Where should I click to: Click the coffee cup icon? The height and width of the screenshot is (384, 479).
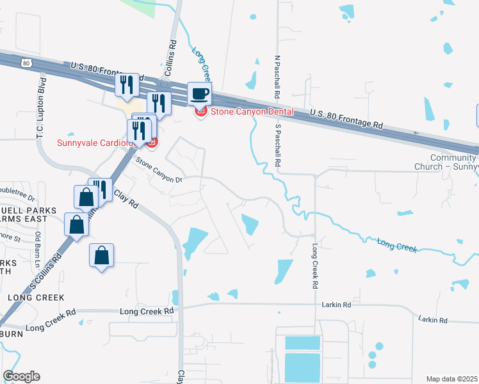(199, 93)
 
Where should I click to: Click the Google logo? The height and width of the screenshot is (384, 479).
(21, 376)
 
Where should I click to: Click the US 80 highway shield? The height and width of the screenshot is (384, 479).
(25, 63)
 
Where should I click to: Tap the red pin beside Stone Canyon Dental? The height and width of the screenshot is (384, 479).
(200, 111)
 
